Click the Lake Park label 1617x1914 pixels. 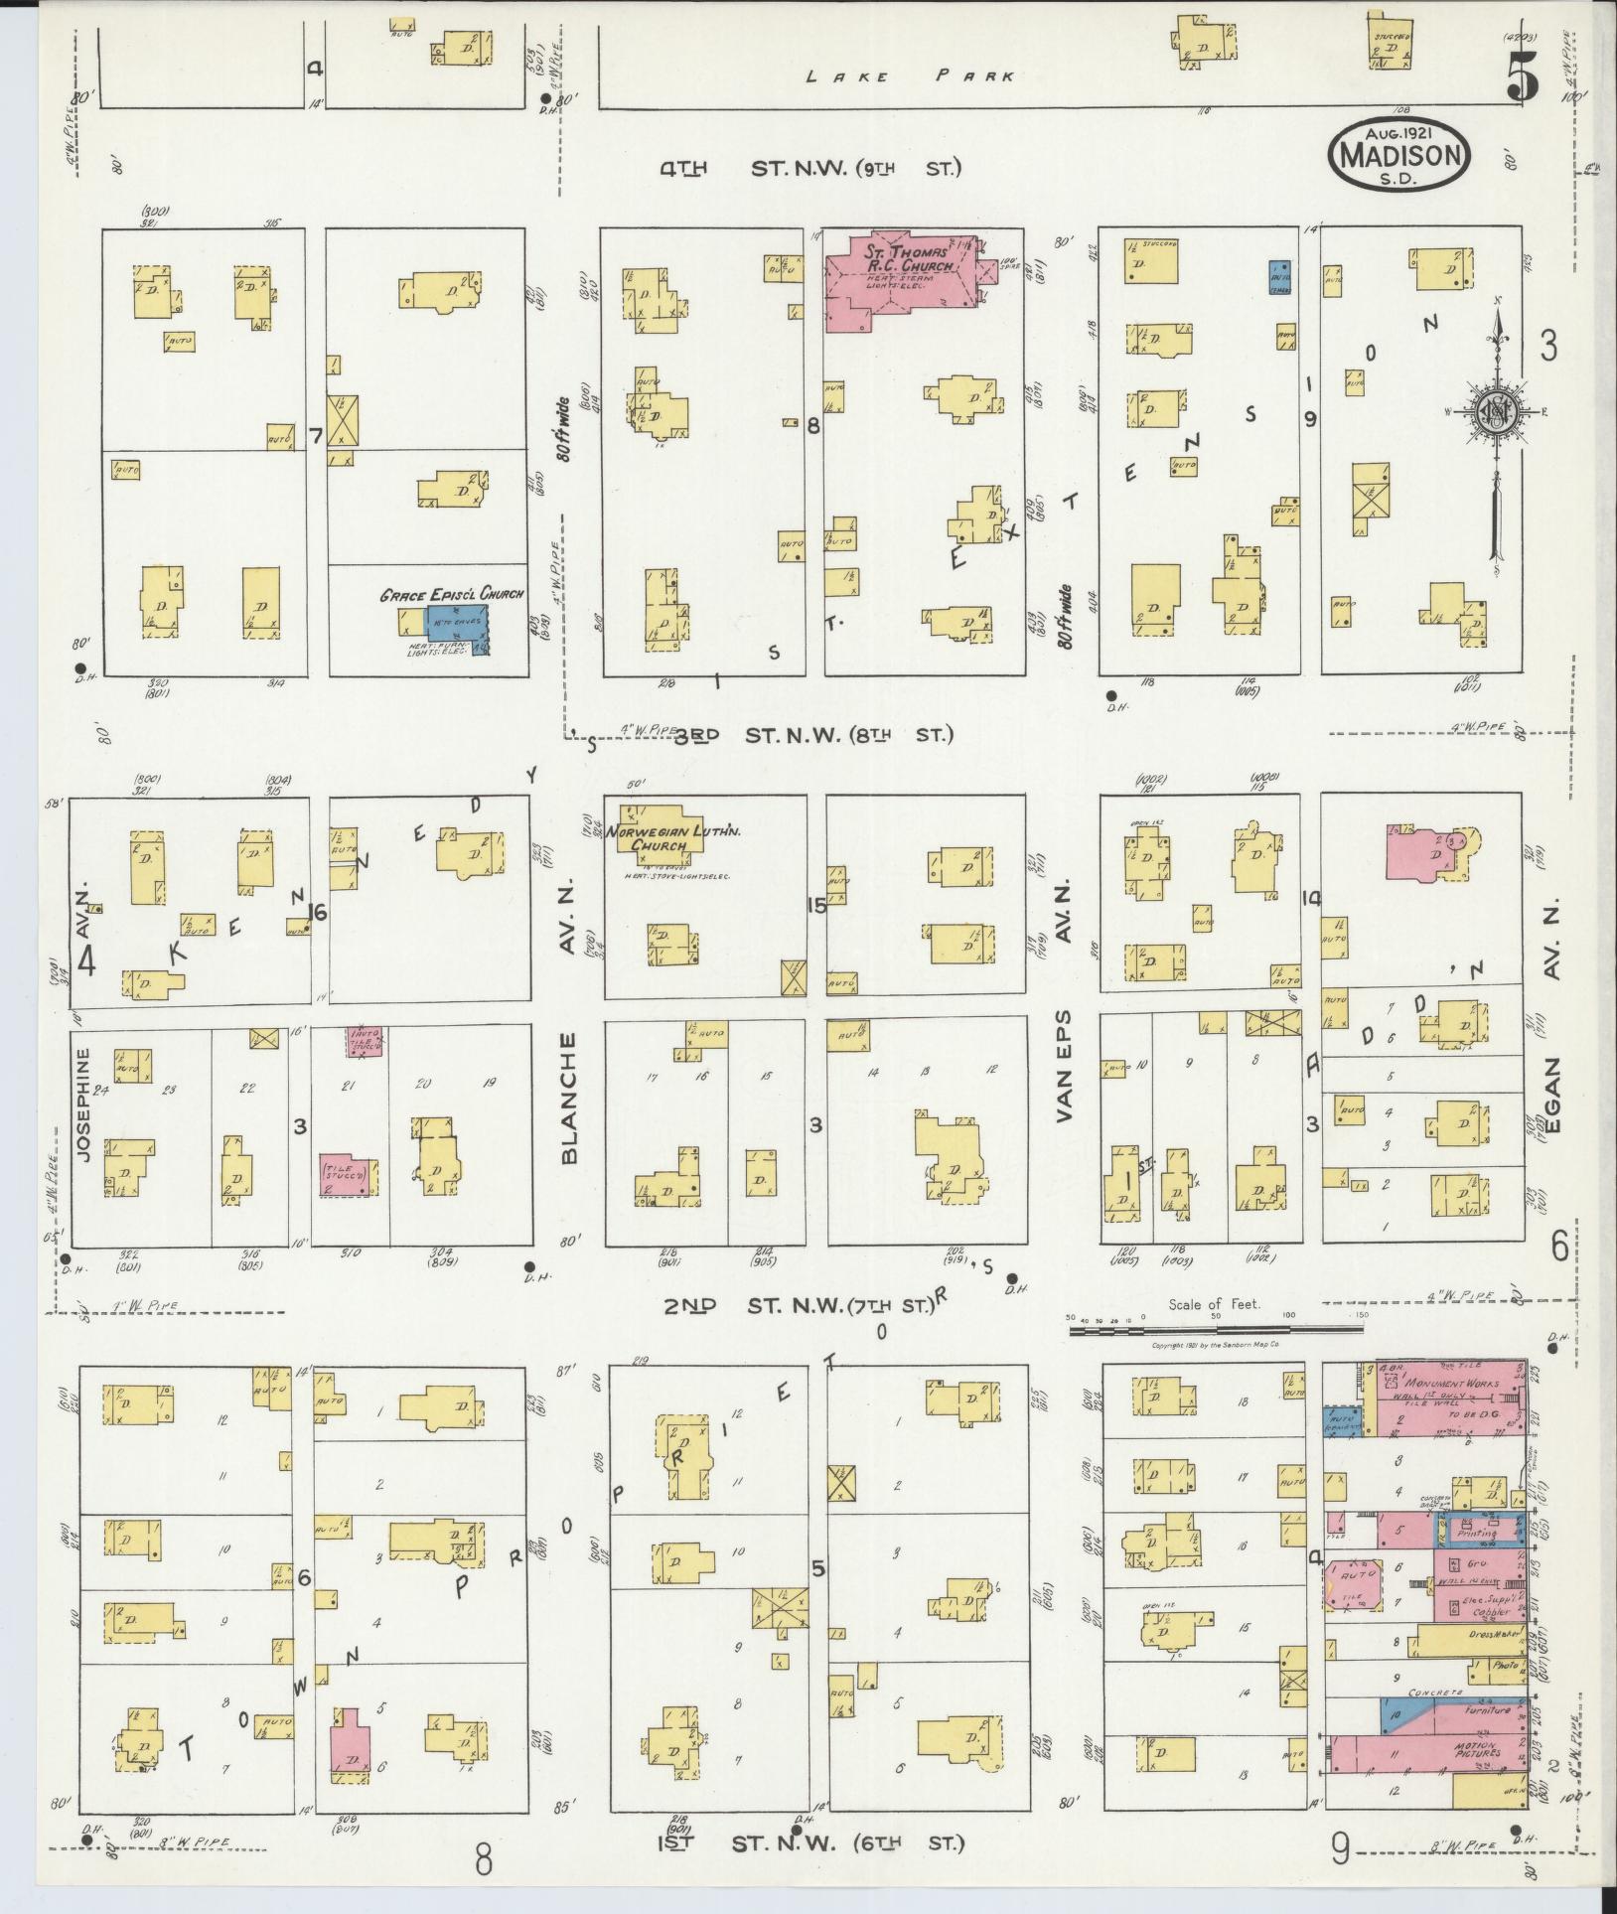[x=910, y=75]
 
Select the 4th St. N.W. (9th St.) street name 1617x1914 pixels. [x=810, y=169]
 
